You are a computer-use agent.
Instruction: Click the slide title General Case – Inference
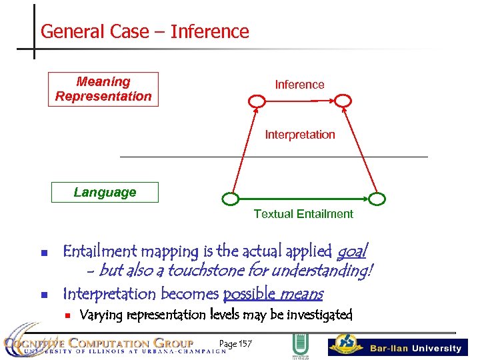coord(145,31)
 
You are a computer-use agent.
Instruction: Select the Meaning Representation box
coord(104,89)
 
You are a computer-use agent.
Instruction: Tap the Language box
coord(105,193)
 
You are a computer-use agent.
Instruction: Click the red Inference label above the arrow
coord(299,85)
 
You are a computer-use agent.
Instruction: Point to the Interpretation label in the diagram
coord(300,135)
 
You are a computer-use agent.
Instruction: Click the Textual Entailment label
coord(303,214)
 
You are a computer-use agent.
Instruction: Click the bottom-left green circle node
coord(230,199)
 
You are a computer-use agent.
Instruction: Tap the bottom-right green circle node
coord(377,199)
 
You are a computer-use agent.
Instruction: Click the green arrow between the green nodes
coord(303,199)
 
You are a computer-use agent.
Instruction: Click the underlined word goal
coord(351,252)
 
